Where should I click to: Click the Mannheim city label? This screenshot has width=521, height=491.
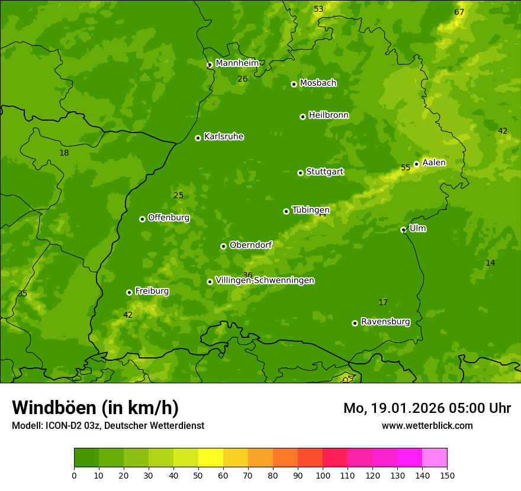pyautogui.click(x=237, y=63)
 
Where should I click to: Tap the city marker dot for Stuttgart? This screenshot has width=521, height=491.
pyautogui.click(x=300, y=173)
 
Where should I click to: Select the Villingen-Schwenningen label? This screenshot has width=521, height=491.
pyautogui.click(x=265, y=280)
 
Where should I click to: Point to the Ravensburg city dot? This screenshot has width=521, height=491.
pyautogui.click(x=355, y=323)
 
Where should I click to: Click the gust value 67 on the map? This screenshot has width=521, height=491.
pyautogui.click(x=459, y=12)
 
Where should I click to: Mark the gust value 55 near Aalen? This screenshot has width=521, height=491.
pyautogui.click(x=406, y=168)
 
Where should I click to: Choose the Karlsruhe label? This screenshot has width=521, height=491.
pyautogui.click(x=224, y=137)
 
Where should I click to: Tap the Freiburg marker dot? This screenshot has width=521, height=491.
pyautogui.click(x=129, y=292)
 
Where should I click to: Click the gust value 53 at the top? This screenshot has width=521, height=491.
pyautogui.click(x=319, y=9)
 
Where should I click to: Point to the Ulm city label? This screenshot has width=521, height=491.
pyautogui.click(x=417, y=228)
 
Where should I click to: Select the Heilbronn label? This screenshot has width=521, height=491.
pyautogui.click(x=329, y=115)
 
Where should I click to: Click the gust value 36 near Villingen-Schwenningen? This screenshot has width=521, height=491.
pyautogui.click(x=247, y=276)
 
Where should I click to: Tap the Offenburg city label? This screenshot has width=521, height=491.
pyautogui.click(x=169, y=218)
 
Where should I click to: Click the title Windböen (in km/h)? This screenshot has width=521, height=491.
pyautogui.click(x=95, y=408)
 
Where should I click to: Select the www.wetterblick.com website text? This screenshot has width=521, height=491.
pyautogui.click(x=427, y=425)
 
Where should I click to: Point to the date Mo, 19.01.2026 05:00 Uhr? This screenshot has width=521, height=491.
pyautogui.click(x=427, y=408)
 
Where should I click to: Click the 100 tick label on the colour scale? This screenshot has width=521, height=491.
pyautogui.click(x=323, y=475)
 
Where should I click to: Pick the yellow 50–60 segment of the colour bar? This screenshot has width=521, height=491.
pyautogui.click(x=211, y=458)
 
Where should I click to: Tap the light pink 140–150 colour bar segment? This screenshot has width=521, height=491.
pyautogui.click(x=435, y=458)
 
